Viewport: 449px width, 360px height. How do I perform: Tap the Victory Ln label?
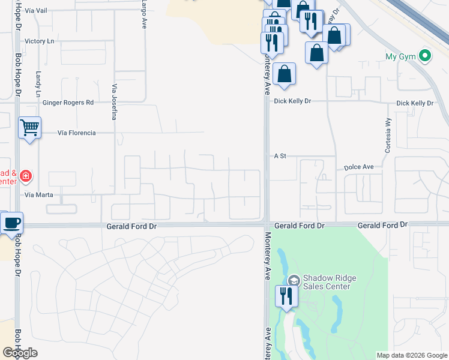pos(40,41)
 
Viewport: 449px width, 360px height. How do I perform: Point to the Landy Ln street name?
pos(38,85)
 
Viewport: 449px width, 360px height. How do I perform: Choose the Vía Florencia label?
pos(77,133)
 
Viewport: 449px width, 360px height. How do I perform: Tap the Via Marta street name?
pos(39,195)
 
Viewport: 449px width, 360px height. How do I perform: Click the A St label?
pos(280,156)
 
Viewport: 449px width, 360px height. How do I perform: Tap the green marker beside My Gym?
pos(426,57)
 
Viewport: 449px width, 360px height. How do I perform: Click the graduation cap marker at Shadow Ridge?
pos(294,280)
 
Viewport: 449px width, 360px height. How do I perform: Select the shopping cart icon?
pos(29,127)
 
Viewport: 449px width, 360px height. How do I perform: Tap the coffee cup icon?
pos(11,223)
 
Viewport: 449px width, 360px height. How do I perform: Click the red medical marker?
pos(26,176)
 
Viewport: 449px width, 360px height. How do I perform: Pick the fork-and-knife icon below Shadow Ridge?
pos(286,296)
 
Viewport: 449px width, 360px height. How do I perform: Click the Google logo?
pos(20,353)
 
